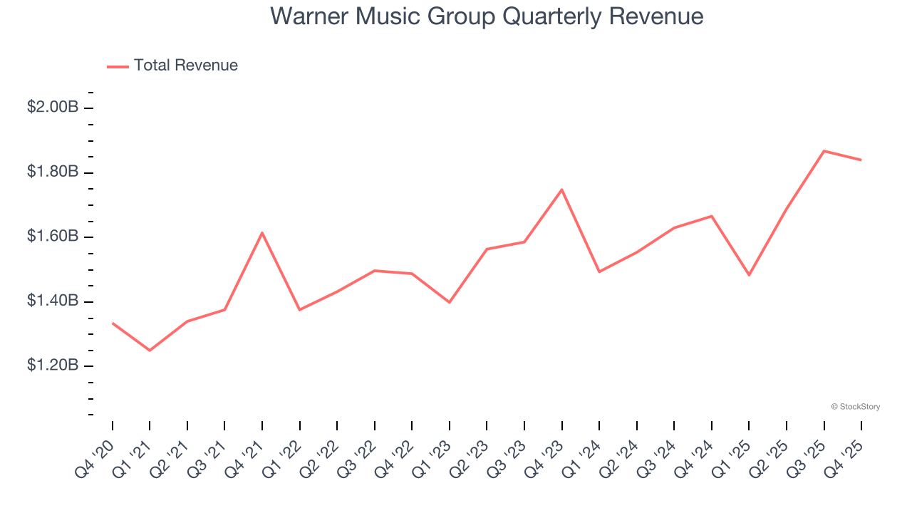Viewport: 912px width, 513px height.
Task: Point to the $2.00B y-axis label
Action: pyautogui.click(x=53, y=108)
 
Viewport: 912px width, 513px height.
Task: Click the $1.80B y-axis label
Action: pyautogui.click(x=53, y=172)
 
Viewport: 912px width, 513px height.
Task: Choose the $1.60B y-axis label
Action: pyautogui.click(x=53, y=237)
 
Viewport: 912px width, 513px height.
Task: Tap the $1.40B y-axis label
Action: pyautogui.click(x=53, y=301)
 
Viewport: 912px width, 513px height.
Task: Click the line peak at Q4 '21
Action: pyautogui.click(x=262, y=233)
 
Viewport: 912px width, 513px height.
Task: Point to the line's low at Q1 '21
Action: pyautogui.click(x=150, y=351)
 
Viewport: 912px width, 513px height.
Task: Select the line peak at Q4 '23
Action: pyautogui.click(x=562, y=190)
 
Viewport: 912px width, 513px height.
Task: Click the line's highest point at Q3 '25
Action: pyautogui.click(x=824, y=151)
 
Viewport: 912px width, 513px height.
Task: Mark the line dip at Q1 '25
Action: pyautogui.click(x=750, y=275)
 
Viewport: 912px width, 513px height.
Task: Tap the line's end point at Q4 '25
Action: pyautogui.click(x=861, y=160)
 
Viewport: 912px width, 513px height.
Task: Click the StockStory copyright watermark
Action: pyautogui.click(x=855, y=407)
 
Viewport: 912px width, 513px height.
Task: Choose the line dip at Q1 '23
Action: pyautogui.click(x=450, y=302)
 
